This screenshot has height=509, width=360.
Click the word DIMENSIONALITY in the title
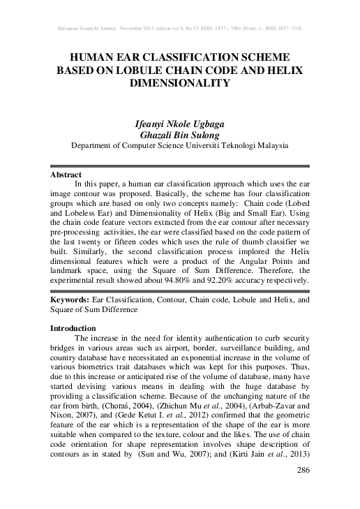(x=179, y=82)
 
